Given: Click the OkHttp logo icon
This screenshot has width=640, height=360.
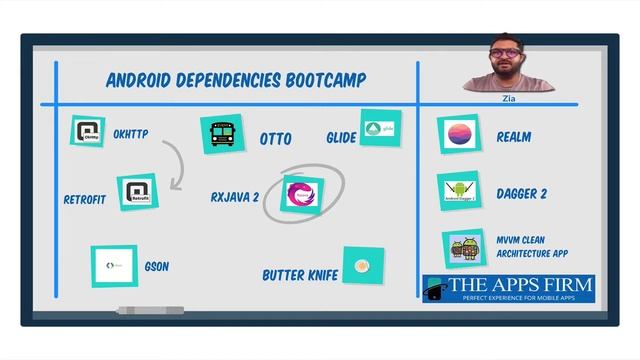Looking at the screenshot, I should click(x=88, y=132).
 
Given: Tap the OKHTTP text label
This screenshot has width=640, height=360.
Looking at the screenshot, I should click(x=131, y=134).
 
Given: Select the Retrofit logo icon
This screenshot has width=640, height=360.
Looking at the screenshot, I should click(x=136, y=193).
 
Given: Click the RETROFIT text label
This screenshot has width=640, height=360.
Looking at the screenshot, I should click(x=84, y=198).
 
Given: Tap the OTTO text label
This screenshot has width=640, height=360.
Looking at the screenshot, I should click(x=275, y=139).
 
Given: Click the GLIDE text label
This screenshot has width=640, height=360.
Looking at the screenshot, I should click(x=341, y=137).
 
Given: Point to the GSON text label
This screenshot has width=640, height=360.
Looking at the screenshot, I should click(x=157, y=267).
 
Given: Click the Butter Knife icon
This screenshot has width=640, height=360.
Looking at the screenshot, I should click(x=363, y=266).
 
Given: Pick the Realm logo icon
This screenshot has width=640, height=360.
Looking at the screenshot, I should click(x=460, y=134).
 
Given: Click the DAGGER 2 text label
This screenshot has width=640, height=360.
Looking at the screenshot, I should click(x=521, y=194).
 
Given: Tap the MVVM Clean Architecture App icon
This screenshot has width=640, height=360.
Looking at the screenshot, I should click(x=463, y=250).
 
